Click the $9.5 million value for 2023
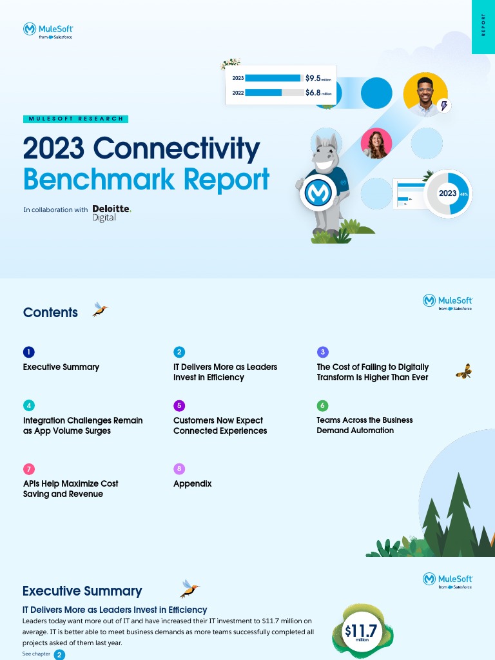318,78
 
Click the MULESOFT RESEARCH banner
75,119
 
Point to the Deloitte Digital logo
111,213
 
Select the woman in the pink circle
376,143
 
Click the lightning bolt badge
444,106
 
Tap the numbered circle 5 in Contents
179,405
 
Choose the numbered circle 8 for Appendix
179,469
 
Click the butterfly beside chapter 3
463,371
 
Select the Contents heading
50,313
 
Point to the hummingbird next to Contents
99,309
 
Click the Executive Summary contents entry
61,367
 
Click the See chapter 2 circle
59,655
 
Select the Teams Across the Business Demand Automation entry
365,425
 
